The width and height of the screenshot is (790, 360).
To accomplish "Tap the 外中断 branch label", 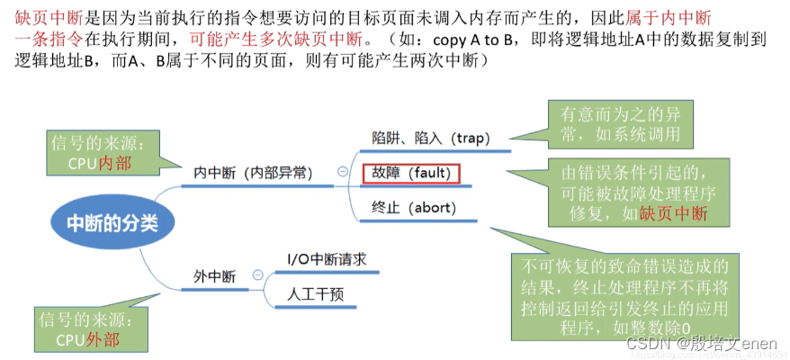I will click(x=215, y=275).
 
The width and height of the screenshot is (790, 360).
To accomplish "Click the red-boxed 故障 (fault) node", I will click(x=410, y=173).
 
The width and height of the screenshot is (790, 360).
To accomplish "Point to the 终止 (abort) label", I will click(x=414, y=208).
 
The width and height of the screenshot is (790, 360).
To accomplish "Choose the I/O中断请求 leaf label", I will click(x=327, y=259).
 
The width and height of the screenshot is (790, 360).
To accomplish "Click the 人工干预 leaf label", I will click(x=312, y=293).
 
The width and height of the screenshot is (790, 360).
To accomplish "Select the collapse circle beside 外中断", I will click(x=257, y=275).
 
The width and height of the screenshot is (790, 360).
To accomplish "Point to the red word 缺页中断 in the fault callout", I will click(x=673, y=213).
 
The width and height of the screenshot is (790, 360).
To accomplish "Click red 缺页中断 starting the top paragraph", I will click(x=43, y=16).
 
